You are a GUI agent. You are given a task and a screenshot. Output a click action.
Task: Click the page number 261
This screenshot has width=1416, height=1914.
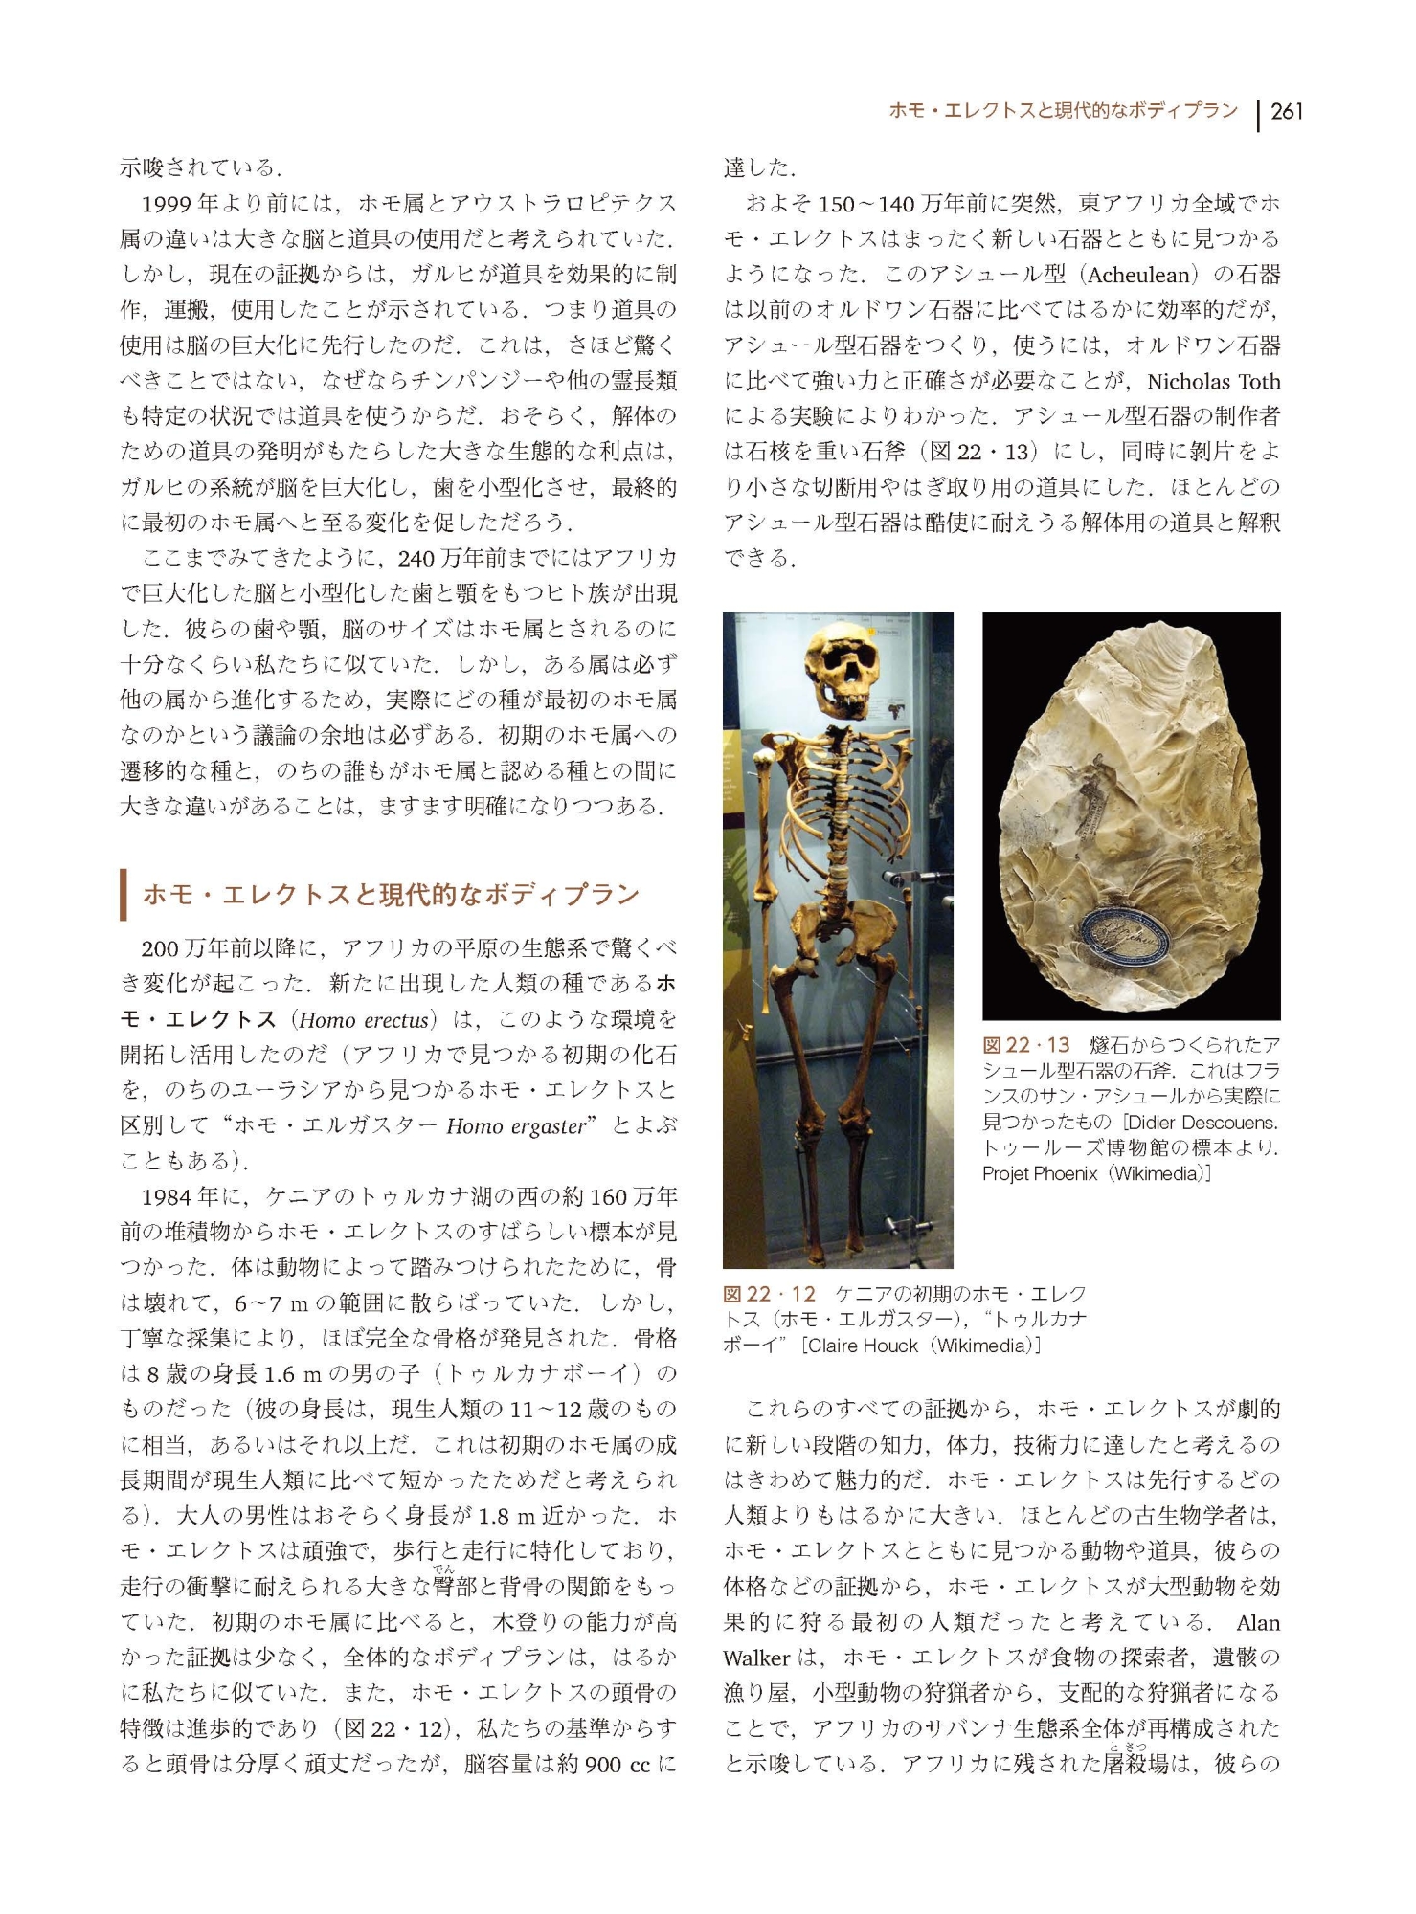click(x=1287, y=112)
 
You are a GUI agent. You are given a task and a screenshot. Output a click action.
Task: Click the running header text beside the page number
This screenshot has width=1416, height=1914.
click(x=1063, y=111)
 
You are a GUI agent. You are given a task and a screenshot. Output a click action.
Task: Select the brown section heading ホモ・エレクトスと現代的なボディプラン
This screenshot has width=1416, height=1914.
click(x=390, y=895)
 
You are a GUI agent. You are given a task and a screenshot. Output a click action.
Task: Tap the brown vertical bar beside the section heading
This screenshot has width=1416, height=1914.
click(x=124, y=895)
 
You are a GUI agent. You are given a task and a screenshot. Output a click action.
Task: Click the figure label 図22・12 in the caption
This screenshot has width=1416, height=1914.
click(x=769, y=1294)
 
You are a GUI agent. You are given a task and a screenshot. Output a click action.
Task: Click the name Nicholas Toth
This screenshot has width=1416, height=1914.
click(x=1213, y=381)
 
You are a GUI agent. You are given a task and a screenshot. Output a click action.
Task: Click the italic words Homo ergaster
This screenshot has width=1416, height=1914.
click(x=515, y=1126)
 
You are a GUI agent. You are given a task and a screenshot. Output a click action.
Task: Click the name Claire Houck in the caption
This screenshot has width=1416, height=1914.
click(x=862, y=1345)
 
